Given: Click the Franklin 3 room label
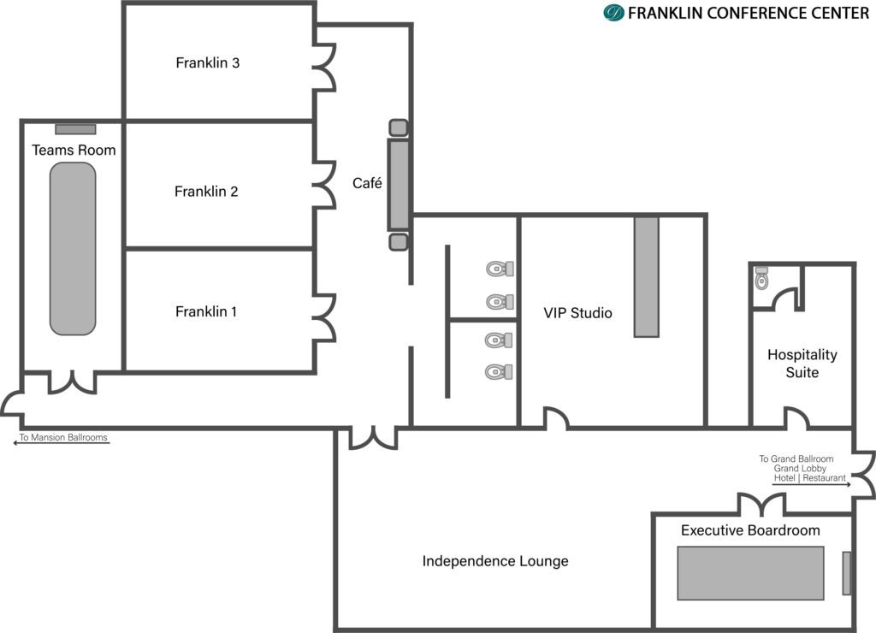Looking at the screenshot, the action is tap(207, 62).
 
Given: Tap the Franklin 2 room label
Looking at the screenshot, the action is tap(206, 192).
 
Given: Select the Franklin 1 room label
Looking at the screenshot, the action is tap(206, 311).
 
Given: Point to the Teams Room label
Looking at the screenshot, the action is tap(74, 150).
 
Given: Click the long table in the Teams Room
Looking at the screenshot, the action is tap(73, 249).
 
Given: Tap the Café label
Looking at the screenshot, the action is tap(367, 183).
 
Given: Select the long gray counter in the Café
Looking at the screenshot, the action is tap(399, 185).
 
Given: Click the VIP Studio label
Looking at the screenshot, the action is tap(577, 313).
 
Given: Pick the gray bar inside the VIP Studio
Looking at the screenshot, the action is tap(647, 277).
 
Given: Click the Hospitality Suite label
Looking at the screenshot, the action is tap(802, 364).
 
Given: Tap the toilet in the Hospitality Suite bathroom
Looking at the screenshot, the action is tap(761, 277).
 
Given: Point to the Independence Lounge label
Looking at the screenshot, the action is tap(495, 561).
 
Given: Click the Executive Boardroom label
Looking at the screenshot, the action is tap(750, 530).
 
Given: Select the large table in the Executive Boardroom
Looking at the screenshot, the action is tap(750, 573).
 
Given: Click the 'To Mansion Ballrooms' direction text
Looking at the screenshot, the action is tap(63, 437).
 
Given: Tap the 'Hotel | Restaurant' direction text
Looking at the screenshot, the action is tap(809, 478).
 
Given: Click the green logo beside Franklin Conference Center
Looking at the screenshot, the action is tap(613, 12).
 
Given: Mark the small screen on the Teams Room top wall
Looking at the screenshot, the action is tap(75, 129).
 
